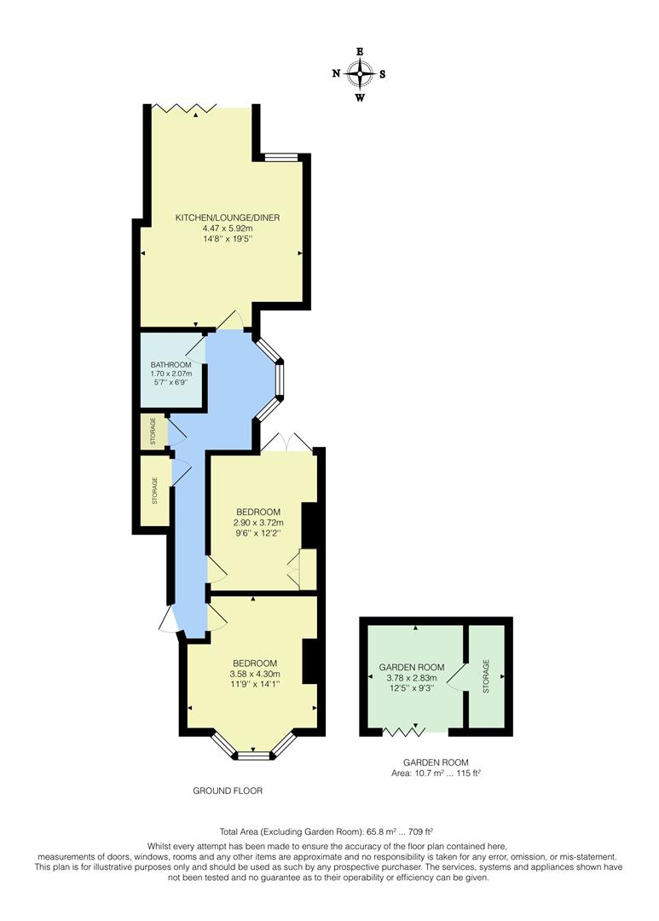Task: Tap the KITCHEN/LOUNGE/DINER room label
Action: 228,217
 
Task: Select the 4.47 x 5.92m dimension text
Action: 228,229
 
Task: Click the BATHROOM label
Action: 171,364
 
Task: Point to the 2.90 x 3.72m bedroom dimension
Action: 257,523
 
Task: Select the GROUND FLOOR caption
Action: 228,791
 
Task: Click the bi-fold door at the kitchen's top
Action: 180,107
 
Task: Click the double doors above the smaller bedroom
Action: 287,443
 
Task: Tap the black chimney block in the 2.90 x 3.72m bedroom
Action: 310,525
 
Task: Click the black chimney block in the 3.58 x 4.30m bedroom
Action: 310,661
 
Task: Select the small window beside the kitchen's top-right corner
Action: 280,156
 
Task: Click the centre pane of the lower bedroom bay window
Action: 252,755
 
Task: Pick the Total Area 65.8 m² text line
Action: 328,830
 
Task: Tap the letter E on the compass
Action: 360,52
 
